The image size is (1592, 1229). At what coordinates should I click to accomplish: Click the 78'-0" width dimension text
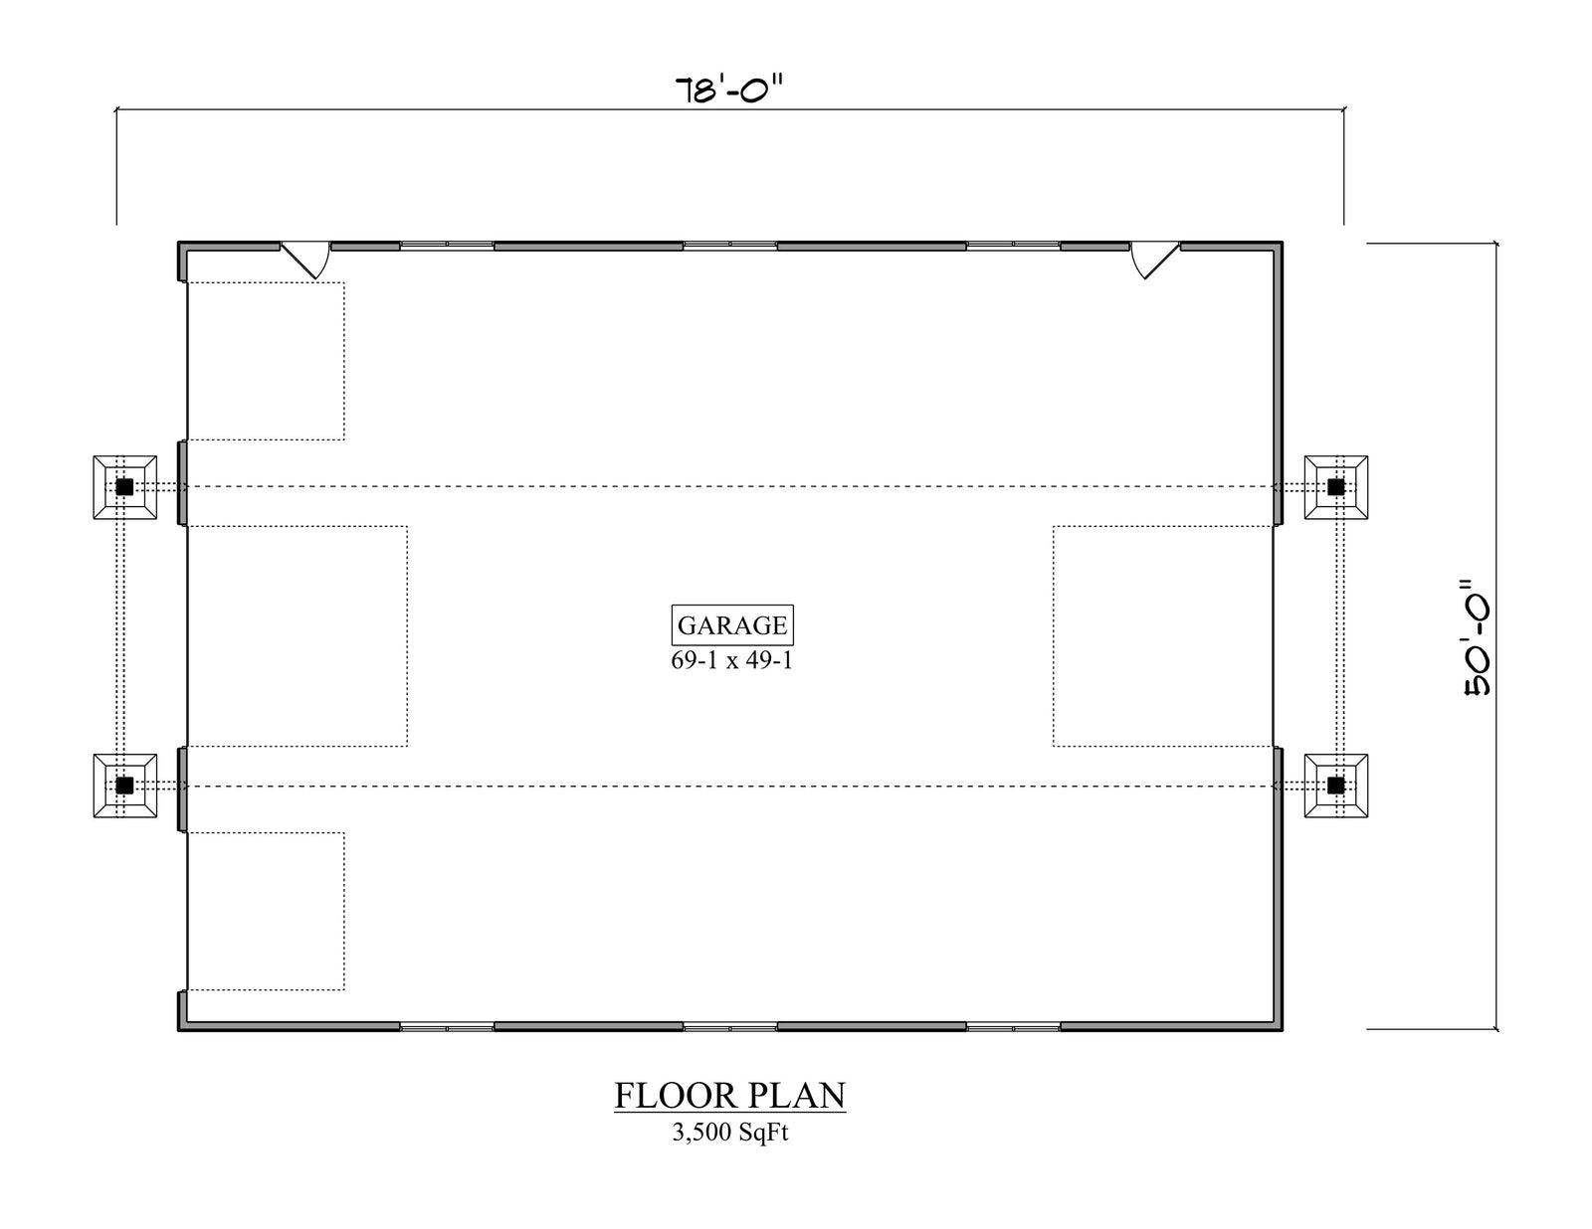729,89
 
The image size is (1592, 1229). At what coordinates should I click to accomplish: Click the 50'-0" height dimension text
1477,637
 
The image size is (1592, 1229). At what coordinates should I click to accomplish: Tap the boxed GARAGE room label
732,625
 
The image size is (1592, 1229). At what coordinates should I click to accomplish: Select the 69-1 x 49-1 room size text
732,661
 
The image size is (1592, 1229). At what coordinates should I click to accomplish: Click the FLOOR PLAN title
729,1096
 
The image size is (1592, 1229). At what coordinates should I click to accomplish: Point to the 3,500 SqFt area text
729,1133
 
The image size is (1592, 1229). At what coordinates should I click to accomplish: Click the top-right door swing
1154,260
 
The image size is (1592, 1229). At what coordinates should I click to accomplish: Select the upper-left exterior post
124,487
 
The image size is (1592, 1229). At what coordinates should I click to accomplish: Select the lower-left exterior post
124,786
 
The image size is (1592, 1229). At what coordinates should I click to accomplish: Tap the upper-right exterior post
1336,487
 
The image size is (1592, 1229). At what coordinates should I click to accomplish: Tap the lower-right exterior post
1336,786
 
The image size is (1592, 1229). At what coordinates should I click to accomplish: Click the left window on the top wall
447,246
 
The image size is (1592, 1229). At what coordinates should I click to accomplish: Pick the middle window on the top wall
730,246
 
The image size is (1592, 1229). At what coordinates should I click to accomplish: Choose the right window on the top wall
1014,246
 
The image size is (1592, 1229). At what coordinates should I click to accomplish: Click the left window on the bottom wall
447,1027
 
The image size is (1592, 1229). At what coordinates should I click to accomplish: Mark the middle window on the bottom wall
730,1027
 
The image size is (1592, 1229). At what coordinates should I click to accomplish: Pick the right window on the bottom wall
1014,1027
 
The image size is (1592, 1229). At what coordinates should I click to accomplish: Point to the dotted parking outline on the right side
1054,636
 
